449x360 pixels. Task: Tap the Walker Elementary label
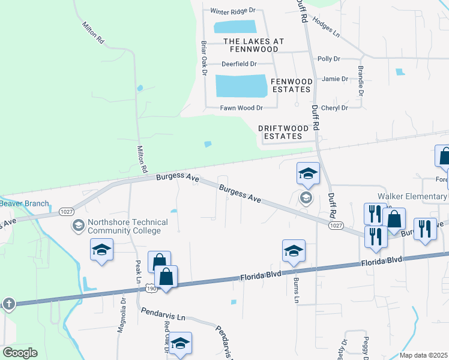click(x=412, y=196)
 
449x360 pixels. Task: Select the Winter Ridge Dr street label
click(x=233, y=11)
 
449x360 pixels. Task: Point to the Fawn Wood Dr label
click(x=241, y=108)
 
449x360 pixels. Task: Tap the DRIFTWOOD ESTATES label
click(x=283, y=132)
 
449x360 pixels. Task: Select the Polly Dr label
click(x=328, y=59)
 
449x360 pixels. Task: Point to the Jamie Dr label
click(x=334, y=79)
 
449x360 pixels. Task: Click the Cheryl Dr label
click(x=334, y=108)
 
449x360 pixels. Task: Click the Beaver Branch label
click(x=24, y=203)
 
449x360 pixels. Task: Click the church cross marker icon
click(x=8, y=304)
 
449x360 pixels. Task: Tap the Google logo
click(x=20, y=353)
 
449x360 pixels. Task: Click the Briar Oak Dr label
click(x=204, y=58)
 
